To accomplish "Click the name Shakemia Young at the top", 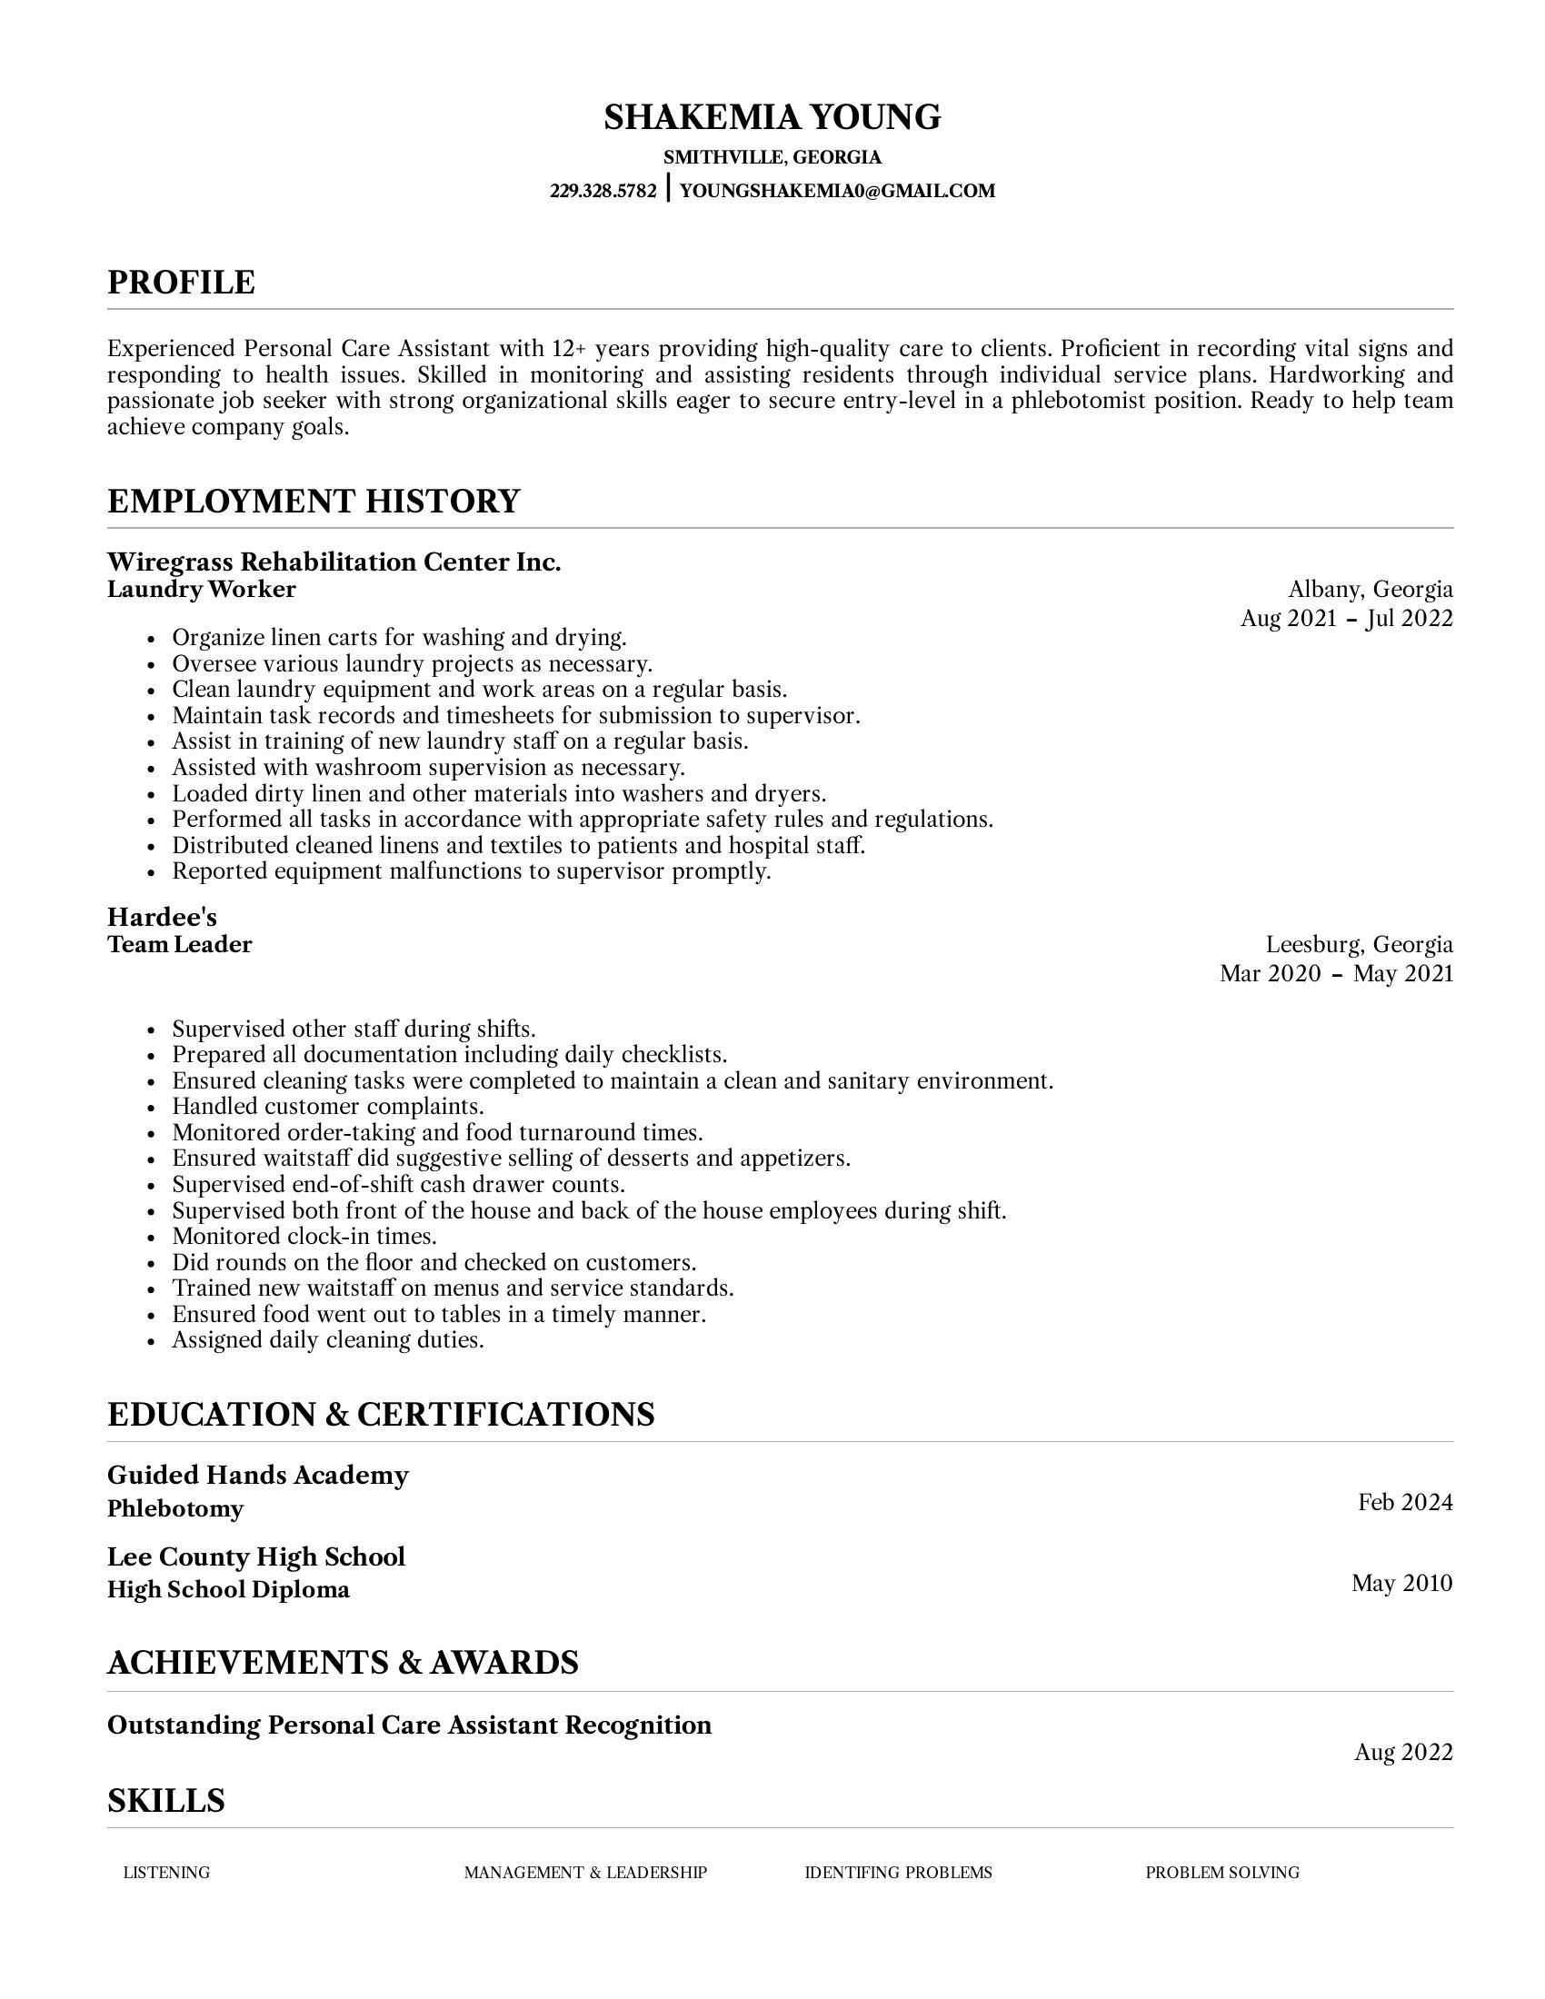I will (772, 117).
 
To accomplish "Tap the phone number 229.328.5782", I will (603, 192).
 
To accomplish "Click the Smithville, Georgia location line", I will (772, 157).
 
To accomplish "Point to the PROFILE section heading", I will (181, 282).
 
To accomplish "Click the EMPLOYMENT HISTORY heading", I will (313, 502).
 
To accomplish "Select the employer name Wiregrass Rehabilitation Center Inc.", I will (334, 562).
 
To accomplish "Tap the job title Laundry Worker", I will (202, 590).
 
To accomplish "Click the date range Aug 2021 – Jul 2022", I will (1346, 619).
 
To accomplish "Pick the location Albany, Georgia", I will (1371, 589).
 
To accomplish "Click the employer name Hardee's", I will (162, 917).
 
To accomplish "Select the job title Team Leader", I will (179, 945).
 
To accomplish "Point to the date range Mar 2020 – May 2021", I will (1336, 973).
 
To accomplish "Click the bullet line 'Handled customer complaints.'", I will (328, 1107).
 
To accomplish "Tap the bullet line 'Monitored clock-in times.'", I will (304, 1237).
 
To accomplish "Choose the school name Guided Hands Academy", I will (258, 1475).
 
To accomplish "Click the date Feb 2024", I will (1405, 1502).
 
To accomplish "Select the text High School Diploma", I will (229, 1589).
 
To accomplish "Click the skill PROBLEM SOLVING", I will (1221, 1873).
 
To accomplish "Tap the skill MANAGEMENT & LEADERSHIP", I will (585, 1873).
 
